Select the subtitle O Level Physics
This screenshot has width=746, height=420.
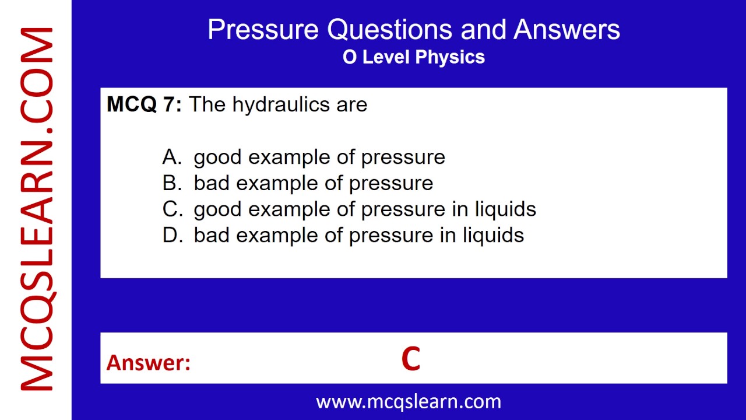click(414, 57)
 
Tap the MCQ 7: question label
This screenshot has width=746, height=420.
click(144, 105)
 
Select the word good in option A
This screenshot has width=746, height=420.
click(218, 157)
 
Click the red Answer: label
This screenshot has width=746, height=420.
click(149, 363)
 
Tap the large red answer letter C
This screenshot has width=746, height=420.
click(411, 359)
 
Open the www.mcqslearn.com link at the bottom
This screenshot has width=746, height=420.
click(409, 401)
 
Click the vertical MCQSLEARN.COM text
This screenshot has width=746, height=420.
click(36, 210)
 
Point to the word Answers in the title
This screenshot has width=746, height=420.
click(566, 30)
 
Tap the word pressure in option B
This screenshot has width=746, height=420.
click(391, 184)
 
